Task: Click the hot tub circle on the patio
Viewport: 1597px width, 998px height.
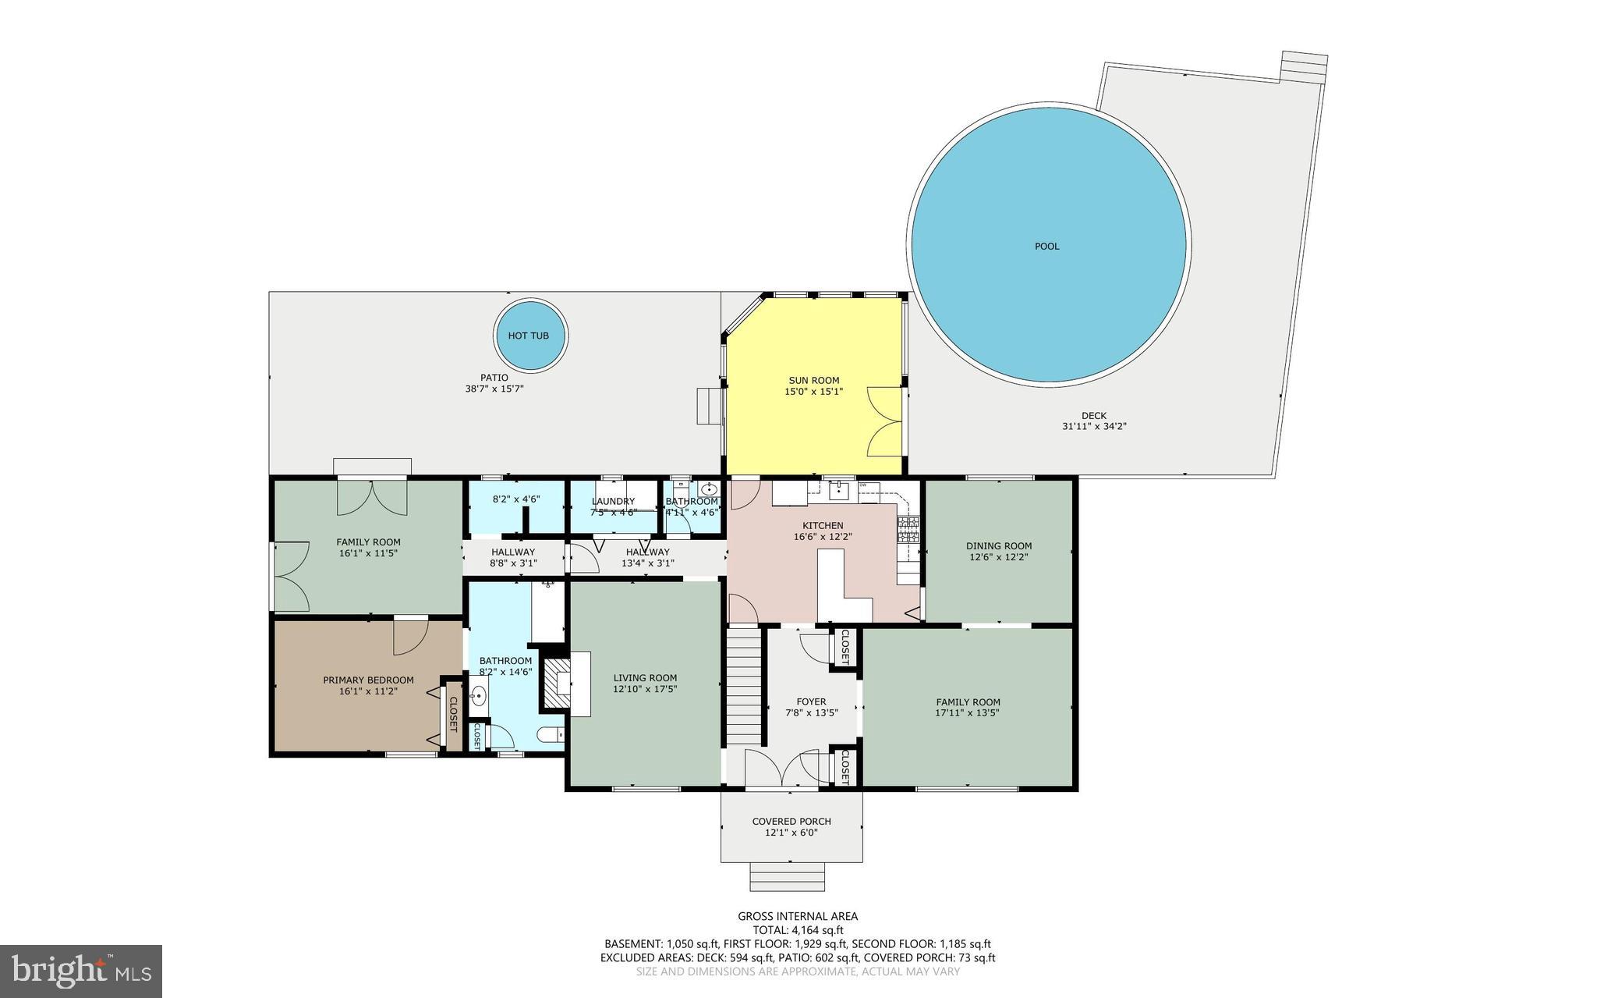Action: pos(532,336)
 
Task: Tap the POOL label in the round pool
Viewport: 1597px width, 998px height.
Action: pos(1046,247)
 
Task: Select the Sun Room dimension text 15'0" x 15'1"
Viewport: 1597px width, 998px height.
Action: pos(813,392)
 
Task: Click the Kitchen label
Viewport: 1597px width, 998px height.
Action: pos(823,526)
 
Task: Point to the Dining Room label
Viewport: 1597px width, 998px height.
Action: pos(998,546)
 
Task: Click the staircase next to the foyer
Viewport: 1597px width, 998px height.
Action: pos(744,687)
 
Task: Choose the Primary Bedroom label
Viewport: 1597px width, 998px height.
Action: pos(368,680)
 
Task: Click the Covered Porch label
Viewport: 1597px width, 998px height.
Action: pos(791,822)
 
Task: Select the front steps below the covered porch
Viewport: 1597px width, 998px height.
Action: pos(787,876)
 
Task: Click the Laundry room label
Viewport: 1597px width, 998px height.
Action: pos(613,502)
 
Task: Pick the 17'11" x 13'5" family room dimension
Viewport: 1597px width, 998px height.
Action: pos(967,712)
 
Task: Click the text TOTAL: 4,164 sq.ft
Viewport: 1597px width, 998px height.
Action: pos(798,930)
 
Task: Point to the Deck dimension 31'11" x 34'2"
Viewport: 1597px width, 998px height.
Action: pos(1093,427)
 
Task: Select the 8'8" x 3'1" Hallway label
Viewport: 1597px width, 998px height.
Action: pos(513,563)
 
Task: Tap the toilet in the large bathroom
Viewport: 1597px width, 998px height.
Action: pos(550,735)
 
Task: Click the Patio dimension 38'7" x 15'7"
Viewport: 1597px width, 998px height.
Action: pos(494,389)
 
